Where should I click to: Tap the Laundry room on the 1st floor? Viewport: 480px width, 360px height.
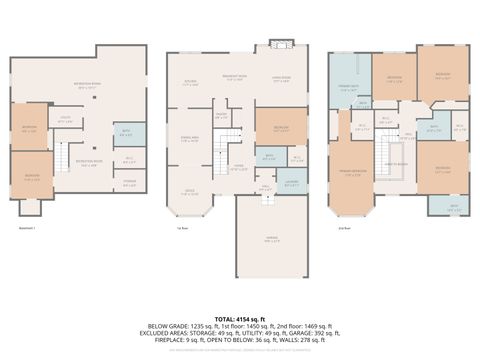(292, 181)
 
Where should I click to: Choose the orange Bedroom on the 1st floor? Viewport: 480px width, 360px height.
(276, 128)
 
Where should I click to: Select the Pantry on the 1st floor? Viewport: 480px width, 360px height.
(221, 116)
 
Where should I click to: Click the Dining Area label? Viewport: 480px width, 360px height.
(189, 140)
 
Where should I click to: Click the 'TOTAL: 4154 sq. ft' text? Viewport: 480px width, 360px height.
(239, 317)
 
